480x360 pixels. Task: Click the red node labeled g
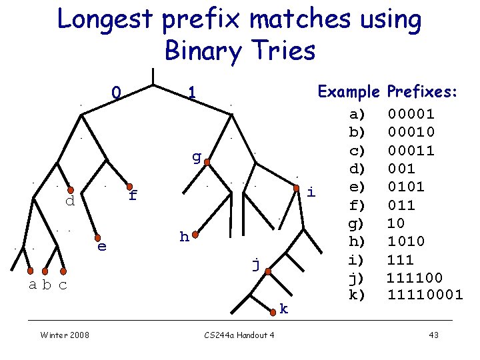pyautogui.click(x=207, y=162)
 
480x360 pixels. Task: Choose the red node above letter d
pyautogui.click(x=70, y=190)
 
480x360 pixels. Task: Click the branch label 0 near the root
pyautogui.click(x=115, y=93)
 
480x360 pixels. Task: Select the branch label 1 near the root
pyautogui.click(x=191, y=93)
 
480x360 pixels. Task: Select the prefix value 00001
pyautogui.click(x=411, y=114)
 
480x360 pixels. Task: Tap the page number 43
pyautogui.click(x=433, y=335)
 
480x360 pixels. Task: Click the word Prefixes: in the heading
pyautogui.click(x=422, y=91)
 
